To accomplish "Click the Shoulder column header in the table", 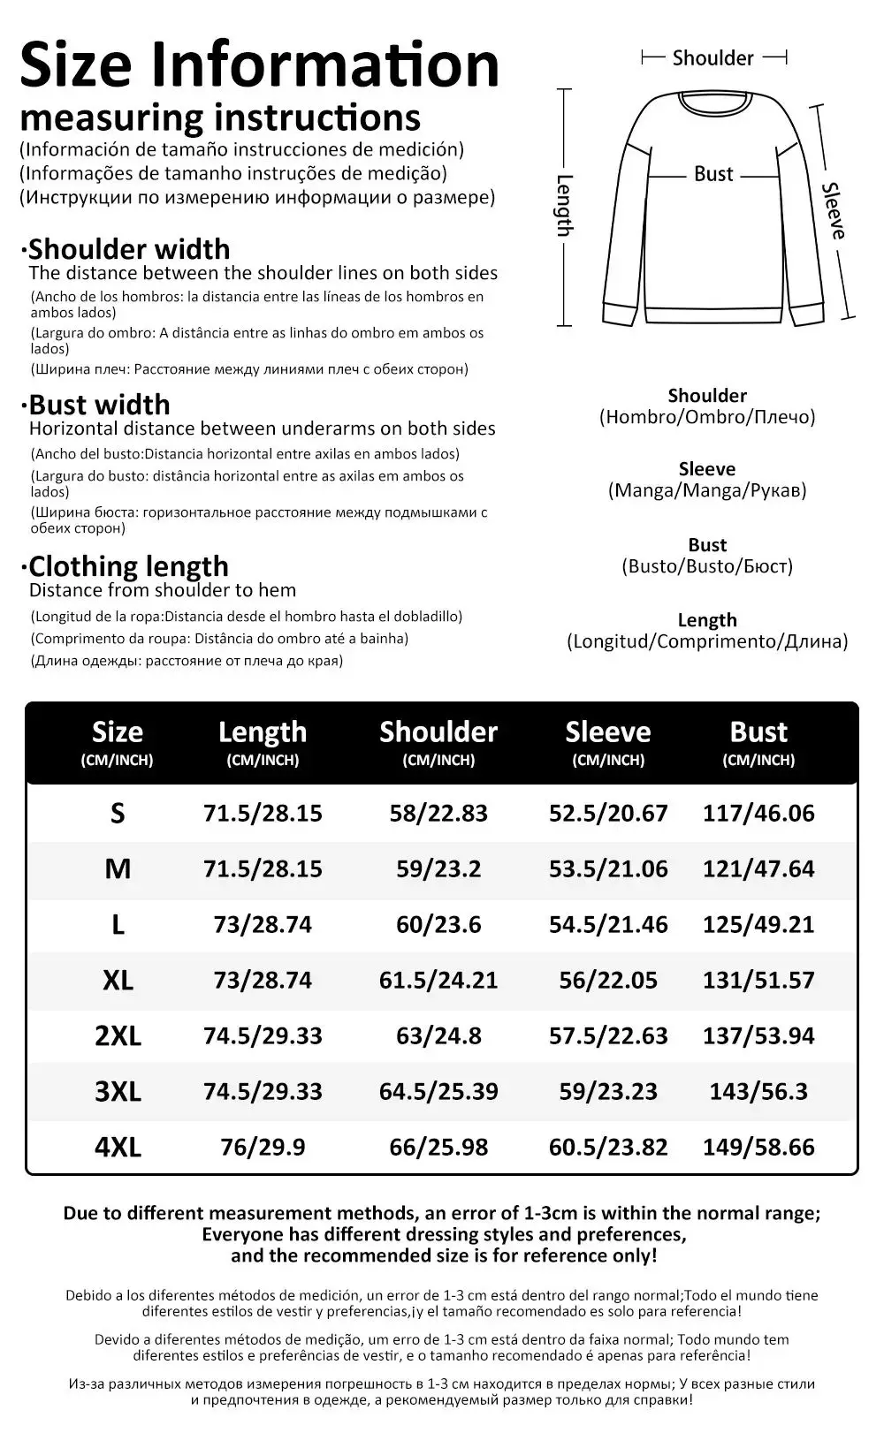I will pos(438,732).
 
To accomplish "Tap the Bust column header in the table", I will pos(758,732).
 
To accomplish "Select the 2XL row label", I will pos(118,1035).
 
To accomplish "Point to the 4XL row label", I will pos(118,1147).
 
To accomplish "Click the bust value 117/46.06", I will pos(758,813).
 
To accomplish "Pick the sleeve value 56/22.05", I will pos(608,980).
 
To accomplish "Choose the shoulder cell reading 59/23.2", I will pos(438,868).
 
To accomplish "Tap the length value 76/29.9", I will pos(263,1147).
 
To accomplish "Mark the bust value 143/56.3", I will pos(758,1091).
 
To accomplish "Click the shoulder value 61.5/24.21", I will pos(438,980).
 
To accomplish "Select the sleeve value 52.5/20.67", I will pos(608,813).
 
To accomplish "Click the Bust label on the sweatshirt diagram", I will pos(713,174).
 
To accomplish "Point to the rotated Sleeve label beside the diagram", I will pos(834,211).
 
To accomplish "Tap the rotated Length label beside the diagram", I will pos(565,205).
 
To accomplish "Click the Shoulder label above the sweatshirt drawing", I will pos(713,58).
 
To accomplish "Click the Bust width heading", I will pos(99,405).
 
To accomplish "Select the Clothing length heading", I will pos(128,566).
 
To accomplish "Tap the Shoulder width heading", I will pos(128,249).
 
